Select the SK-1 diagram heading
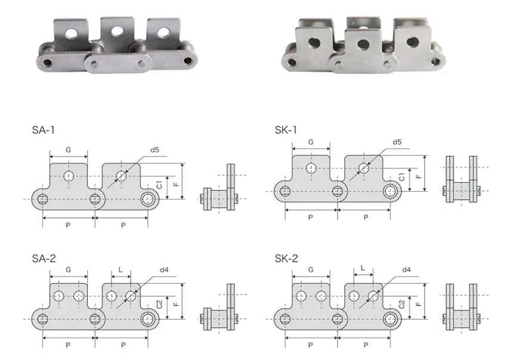coord(286,130)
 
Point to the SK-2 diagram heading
coord(286,259)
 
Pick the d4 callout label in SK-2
coord(406,270)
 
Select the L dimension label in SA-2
coord(121,270)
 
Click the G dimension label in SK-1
coord(311,142)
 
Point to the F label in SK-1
coord(419,177)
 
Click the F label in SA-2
coord(176,304)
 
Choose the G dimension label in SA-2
coord(69,270)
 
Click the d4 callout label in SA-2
coord(164,270)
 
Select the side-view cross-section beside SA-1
coord(221,188)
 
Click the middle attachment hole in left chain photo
coord(115,29)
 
